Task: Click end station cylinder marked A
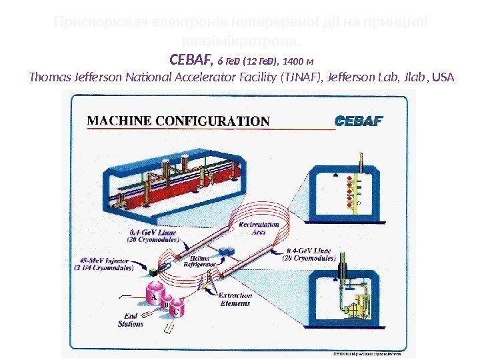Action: [153, 294]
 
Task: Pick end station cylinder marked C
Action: [177, 310]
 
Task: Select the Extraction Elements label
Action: [235, 300]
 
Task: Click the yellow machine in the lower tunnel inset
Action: [363, 307]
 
